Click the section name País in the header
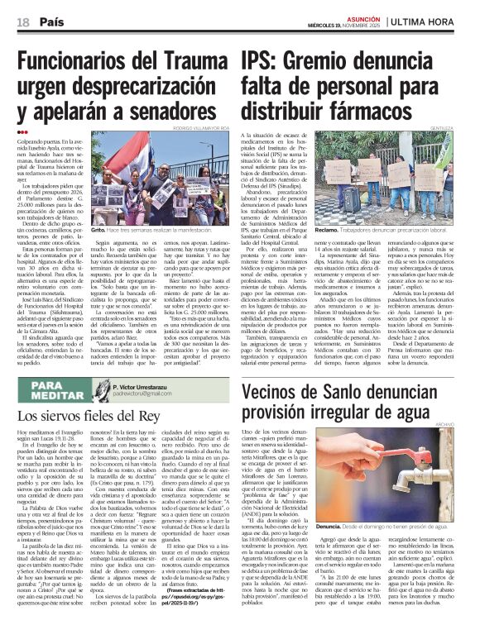click(x=50, y=21)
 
